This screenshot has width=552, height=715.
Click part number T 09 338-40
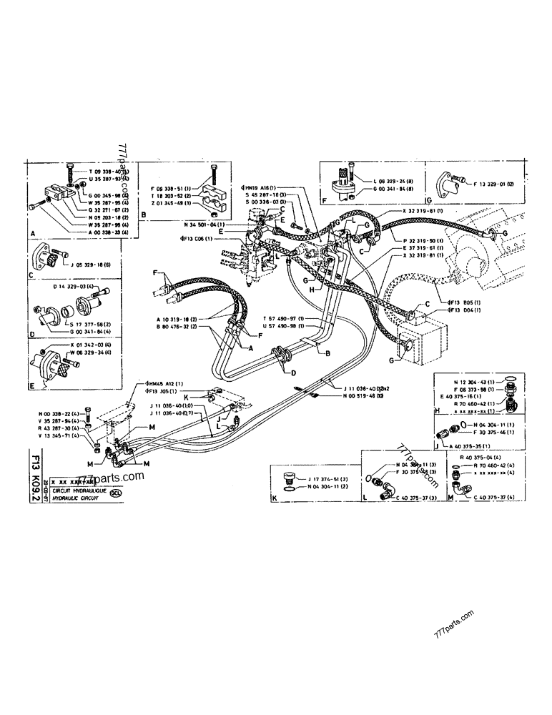click(108, 172)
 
